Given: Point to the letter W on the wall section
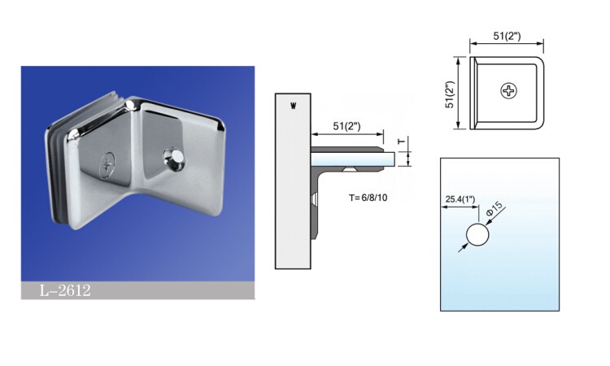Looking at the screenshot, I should pos(292,105).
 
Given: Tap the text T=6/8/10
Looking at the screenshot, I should pos(374,198).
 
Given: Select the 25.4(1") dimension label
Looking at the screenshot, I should pos(461,198).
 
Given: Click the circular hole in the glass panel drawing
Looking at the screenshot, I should pos(477,236).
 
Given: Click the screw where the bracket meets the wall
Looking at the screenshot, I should pos(315,199).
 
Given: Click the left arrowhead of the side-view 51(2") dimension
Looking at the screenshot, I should pos(313,134).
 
